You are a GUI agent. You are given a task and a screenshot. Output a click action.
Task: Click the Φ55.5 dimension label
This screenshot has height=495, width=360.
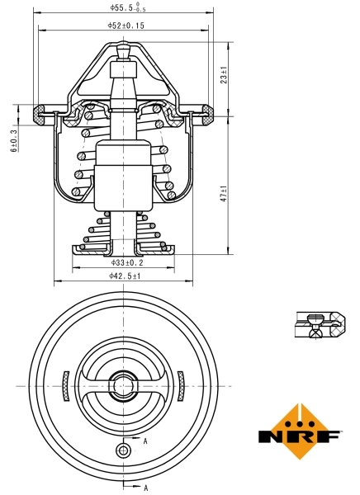pyautogui.click(x=126, y=7)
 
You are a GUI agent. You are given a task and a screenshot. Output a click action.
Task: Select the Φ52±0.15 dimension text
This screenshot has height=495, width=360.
pyautogui.click(x=126, y=26)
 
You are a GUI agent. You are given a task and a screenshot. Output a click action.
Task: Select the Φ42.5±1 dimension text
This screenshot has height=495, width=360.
pyautogui.click(x=126, y=276)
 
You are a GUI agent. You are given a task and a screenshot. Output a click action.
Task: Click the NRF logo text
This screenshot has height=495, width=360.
pyautogui.click(x=300, y=435)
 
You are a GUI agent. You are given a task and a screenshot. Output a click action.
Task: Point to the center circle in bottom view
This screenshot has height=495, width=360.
pyautogui.click(x=124, y=384)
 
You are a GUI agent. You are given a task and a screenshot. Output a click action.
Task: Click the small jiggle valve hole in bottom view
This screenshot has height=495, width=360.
pyautogui.click(x=124, y=450)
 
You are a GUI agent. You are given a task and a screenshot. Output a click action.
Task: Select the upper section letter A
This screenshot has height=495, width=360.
pyautogui.click(x=146, y=442)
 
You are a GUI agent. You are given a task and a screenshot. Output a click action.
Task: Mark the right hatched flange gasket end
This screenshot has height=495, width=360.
pyautogui.click(x=211, y=113)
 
